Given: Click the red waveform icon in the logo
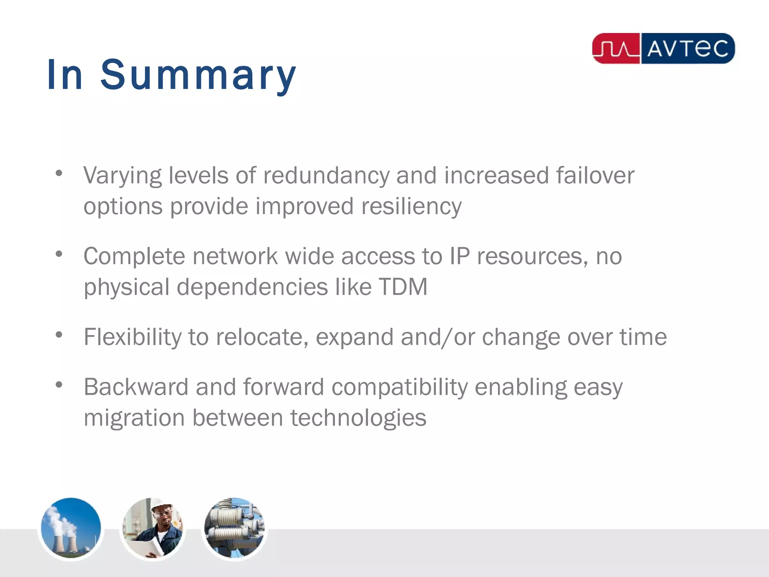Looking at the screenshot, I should [x=616, y=49].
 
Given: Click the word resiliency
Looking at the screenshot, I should [x=411, y=207].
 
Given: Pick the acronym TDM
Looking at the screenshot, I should [x=403, y=287].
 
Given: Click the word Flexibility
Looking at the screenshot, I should [x=133, y=337].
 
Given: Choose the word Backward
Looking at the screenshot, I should [x=136, y=387].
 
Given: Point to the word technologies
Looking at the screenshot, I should [x=358, y=418].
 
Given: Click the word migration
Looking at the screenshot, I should [x=134, y=418].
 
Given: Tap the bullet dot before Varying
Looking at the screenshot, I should [x=59, y=173].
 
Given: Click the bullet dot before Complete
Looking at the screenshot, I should [x=59, y=254].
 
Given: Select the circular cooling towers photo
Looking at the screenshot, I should [x=71, y=528].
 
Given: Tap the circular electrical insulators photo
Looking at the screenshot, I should [x=234, y=528].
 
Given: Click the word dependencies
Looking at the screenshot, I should [x=252, y=287].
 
